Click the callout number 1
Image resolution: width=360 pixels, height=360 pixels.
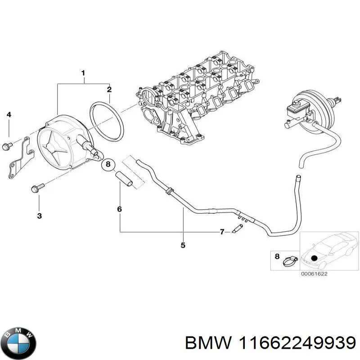83,73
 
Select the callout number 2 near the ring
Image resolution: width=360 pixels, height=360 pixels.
109,90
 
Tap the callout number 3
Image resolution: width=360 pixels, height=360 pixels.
39,216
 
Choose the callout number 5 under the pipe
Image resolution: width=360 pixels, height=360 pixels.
183,245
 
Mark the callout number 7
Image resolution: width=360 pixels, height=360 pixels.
222,232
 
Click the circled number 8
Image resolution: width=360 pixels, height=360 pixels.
108,165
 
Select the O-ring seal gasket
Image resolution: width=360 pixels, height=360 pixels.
107,122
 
